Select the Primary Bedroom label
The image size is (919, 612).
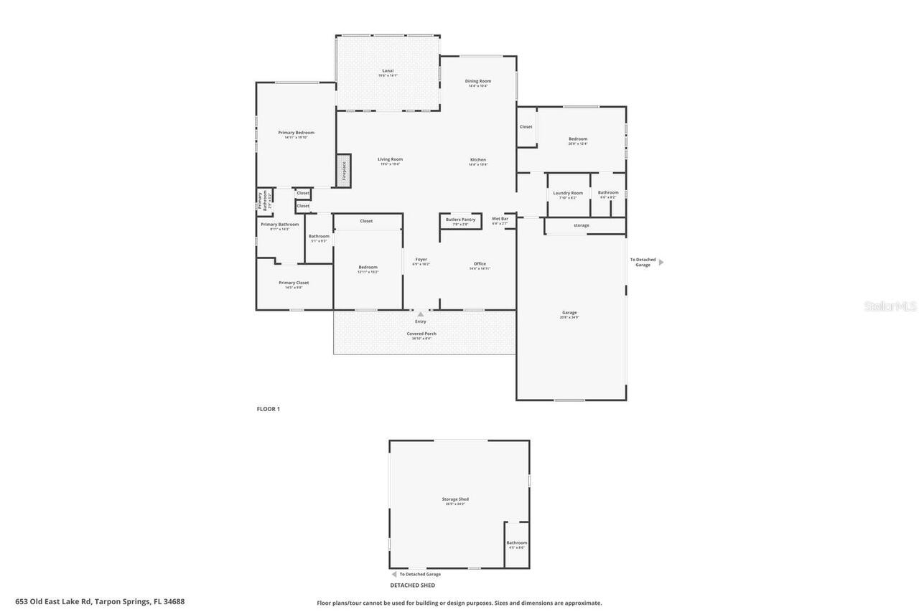(x=296, y=133)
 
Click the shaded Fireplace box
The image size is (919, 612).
(x=344, y=171)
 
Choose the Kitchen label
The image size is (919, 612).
(x=478, y=161)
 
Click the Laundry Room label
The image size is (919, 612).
(x=568, y=194)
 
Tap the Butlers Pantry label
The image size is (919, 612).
(x=460, y=220)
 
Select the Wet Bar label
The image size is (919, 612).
(x=500, y=220)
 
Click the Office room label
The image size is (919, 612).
(x=480, y=265)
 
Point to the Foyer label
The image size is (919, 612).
(x=421, y=260)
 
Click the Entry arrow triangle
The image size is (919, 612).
(x=421, y=314)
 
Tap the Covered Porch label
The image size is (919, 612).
(x=421, y=334)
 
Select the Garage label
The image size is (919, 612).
(x=569, y=314)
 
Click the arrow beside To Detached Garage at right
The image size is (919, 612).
(x=661, y=263)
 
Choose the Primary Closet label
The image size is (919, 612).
(x=294, y=283)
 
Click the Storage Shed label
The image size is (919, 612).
(x=455, y=500)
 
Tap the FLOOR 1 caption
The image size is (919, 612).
(x=269, y=409)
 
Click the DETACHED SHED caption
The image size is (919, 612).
(x=413, y=585)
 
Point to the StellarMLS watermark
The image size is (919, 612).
(x=890, y=306)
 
